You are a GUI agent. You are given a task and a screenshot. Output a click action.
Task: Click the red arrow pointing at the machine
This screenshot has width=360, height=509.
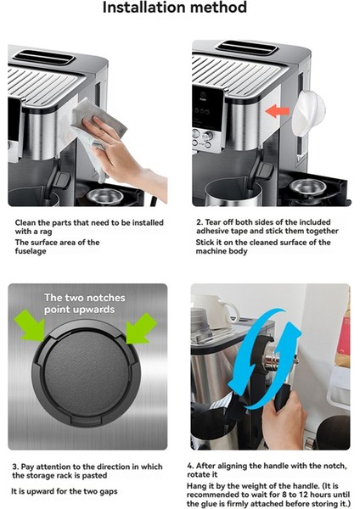pos(277,111)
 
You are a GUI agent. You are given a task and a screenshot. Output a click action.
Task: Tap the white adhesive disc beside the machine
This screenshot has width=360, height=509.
pos(307,112)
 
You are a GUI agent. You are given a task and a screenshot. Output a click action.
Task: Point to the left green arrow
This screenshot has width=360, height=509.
pos(30,325)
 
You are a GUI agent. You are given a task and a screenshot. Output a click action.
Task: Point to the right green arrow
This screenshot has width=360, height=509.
pos(141,328)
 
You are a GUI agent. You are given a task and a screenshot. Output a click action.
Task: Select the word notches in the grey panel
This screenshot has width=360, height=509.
pos(104,298)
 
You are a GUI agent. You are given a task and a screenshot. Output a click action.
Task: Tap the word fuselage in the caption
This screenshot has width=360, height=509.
pos(31,251)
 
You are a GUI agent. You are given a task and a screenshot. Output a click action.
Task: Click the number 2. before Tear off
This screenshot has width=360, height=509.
pos(200,222)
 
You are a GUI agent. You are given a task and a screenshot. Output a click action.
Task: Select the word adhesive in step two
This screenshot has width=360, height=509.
pos(212,231)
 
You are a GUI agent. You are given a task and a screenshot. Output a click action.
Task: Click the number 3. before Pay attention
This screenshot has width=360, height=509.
pos(15,467)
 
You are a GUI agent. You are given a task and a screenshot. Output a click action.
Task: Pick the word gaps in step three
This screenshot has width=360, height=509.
pos(109,492)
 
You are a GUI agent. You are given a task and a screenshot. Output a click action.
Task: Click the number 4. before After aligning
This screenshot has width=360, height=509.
pos(190,466)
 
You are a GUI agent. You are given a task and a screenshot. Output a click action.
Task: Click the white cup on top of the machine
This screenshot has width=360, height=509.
pos(218,307)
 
